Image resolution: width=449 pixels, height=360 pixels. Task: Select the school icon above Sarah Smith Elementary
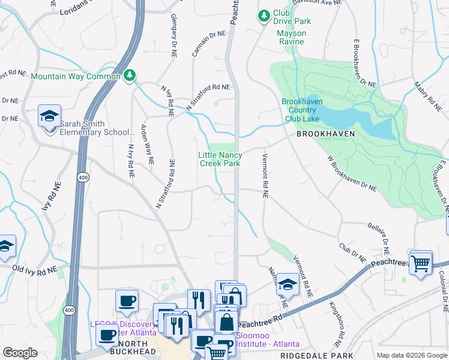(x=49, y=116)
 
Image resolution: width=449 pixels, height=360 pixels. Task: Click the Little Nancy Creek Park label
(x=220, y=159)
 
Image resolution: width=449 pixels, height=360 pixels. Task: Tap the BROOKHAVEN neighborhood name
(x=325, y=134)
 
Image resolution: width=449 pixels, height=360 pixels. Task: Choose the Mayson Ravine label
(x=291, y=37)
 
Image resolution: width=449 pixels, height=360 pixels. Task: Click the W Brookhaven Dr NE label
(x=352, y=174)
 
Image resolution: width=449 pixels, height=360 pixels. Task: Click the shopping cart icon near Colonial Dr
(x=421, y=263)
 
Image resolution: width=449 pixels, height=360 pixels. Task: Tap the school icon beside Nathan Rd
(x=288, y=284)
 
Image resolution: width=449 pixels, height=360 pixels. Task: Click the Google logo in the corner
(x=20, y=353)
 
